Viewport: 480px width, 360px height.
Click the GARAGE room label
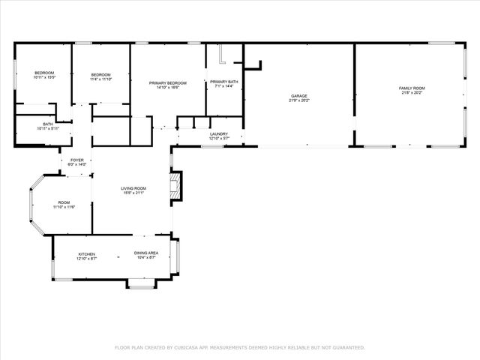(299, 96)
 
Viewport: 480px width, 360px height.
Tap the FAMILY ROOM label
(412, 88)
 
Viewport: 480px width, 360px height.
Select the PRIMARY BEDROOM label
(167, 82)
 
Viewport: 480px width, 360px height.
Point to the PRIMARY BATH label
(224, 82)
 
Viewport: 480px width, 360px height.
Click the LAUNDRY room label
(218, 134)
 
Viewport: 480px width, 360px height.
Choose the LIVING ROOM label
(134, 188)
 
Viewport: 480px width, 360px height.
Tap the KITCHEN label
(87, 254)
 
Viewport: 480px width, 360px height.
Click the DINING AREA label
(145, 254)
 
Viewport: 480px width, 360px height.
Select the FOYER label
(77, 160)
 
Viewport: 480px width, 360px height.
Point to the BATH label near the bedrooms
(47, 124)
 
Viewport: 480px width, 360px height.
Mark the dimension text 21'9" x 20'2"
(299, 100)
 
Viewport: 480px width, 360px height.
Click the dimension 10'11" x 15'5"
(44, 77)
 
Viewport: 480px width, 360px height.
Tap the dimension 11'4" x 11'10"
(101, 79)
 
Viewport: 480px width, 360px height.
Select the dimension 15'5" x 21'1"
(134, 193)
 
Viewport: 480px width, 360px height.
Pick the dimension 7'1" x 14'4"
(224, 86)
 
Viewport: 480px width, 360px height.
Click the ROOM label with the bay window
(64, 202)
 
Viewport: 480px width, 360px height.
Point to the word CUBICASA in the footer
(185, 347)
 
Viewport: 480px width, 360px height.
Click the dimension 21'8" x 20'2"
(412, 93)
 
